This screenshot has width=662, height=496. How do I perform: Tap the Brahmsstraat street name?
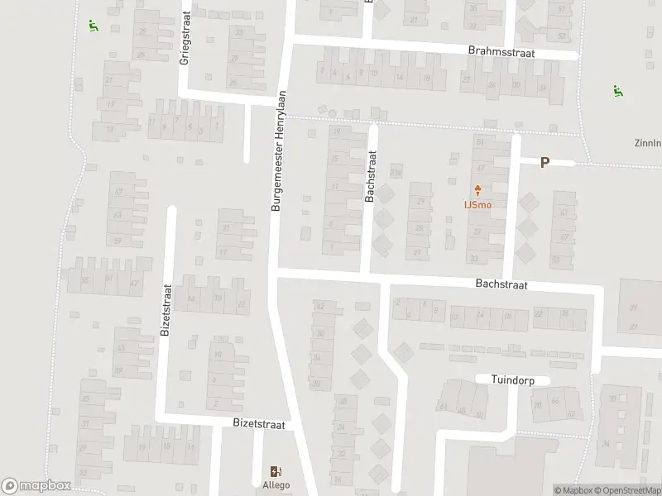501,51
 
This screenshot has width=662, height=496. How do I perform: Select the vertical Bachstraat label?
372,175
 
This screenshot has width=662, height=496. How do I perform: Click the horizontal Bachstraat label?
501,284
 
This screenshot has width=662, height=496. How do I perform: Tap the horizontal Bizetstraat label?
258,424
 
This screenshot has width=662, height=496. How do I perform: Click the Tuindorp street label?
513,379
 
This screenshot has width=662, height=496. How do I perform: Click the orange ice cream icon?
477,189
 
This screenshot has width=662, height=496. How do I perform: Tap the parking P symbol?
544,163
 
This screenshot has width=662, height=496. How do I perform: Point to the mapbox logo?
36,486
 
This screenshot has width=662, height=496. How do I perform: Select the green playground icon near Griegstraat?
93,25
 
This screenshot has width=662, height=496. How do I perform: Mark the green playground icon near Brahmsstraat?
616,91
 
